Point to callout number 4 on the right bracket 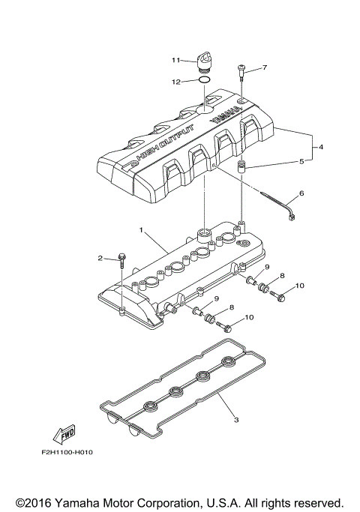pyautogui.click(x=321, y=148)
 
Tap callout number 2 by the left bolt pyautogui.click(x=100, y=259)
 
